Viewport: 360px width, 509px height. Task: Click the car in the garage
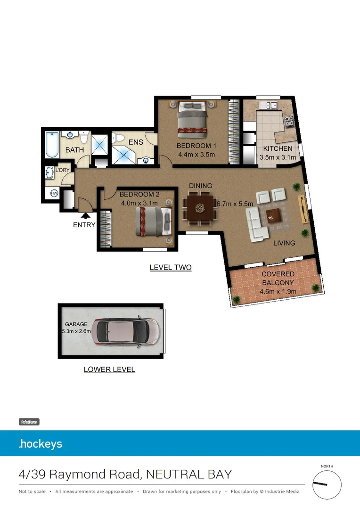pos(128,332)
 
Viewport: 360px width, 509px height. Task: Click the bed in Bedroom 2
pos(152,221)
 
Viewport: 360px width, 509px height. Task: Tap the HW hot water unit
pos(54,193)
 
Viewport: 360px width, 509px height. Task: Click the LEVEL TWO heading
pos(171,268)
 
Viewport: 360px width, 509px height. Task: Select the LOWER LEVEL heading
pos(109,369)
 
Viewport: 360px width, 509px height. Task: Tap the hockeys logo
pos(41,444)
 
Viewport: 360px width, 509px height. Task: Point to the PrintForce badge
pos(29,422)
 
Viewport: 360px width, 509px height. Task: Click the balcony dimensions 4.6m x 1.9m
pos(278,291)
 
